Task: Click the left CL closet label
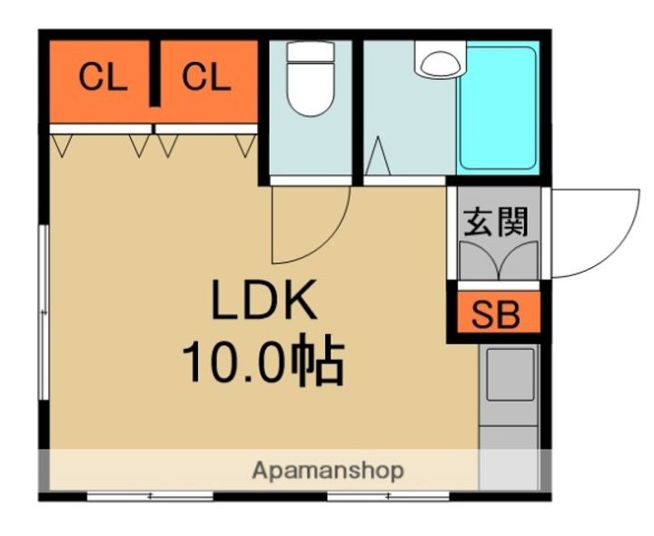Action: (103, 78)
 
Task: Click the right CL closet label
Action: (206, 78)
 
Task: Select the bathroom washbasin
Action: (439, 61)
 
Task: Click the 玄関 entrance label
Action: (496, 222)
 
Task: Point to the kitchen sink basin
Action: (509, 375)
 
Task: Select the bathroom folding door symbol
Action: (379, 160)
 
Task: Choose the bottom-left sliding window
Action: (150, 496)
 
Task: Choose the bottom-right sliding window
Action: (389, 496)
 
